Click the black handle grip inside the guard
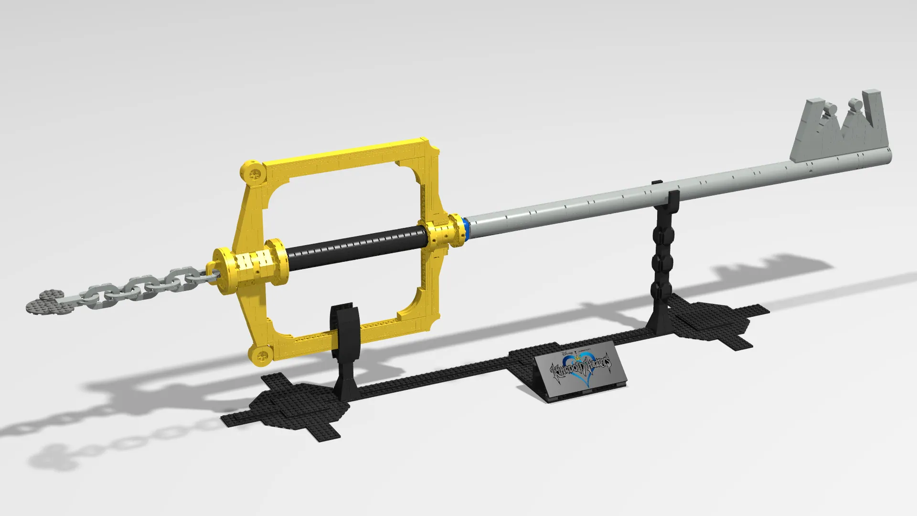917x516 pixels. click(356, 247)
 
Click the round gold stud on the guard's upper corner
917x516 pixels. click(253, 172)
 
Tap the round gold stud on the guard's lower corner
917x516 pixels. click(261, 355)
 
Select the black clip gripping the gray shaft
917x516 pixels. click(672, 201)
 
